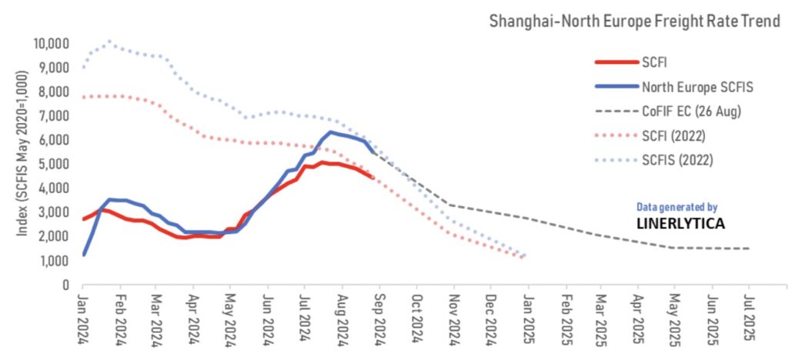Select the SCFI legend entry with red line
tap(650, 62)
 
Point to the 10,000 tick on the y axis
tap(52, 43)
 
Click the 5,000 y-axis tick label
tap(55, 164)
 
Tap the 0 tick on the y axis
tap(67, 285)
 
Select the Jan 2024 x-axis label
tap(84, 317)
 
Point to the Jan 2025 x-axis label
tap(527, 317)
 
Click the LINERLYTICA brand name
tap(680, 224)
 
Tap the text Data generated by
tap(677, 207)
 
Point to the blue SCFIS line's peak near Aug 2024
tap(331, 132)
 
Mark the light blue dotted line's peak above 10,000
tap(109, 42)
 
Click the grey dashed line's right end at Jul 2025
tap(749, 248)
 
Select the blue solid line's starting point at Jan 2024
tap(84, 254)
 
